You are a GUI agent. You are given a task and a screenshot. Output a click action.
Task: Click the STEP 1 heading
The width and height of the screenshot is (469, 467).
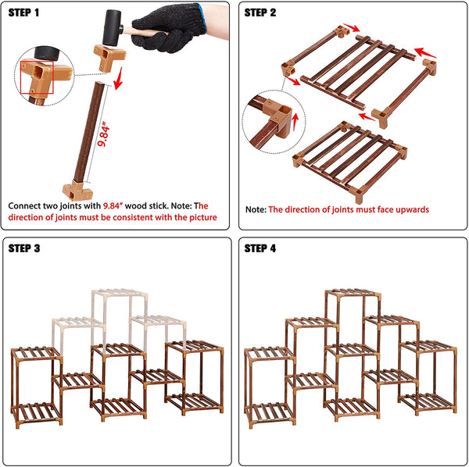[x=23, y=12]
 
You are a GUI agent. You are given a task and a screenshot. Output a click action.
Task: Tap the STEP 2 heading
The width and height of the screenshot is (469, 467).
[x=260, y=12]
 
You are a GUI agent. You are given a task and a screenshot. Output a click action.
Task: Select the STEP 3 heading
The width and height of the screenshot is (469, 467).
[x=24, y=248]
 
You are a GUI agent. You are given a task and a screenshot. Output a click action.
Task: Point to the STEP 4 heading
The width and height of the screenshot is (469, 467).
[x=260, y=248]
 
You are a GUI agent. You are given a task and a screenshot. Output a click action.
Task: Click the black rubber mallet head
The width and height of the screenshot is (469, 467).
[x=113, y=27]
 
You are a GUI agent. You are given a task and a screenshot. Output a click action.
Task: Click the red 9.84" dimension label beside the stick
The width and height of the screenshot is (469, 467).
[x=103, y=134]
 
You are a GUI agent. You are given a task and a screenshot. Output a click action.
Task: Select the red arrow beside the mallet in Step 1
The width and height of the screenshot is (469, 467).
[x=119, y=78]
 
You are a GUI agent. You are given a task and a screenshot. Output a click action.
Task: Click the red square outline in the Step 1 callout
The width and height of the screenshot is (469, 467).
[x=37, y=77]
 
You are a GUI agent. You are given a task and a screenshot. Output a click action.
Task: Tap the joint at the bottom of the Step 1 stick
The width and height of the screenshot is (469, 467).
[x=77, y=191]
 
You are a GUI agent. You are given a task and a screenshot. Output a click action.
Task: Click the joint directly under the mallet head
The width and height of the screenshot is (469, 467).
[x=109, y=57]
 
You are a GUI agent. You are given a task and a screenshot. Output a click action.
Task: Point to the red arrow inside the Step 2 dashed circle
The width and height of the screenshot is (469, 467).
[x=295, y=121]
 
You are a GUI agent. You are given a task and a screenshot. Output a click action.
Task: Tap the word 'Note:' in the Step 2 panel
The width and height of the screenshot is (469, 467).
[x=256, y=209]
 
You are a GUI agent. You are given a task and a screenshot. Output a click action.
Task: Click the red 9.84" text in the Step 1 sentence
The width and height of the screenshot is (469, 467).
[x=113, y=205]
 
